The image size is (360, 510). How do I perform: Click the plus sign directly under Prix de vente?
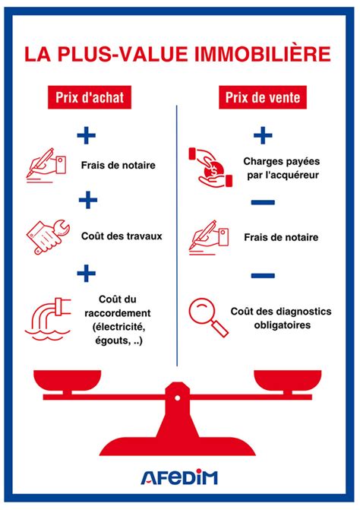(x=262, y=136)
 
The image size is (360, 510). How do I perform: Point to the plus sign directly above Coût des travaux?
(x=88, y=201)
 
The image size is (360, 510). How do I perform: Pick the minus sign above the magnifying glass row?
(x=262, y=274)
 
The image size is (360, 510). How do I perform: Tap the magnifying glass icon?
(x=209, y=316)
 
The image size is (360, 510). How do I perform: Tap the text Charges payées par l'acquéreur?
(x=280, y=168)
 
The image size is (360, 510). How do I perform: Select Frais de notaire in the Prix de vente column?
(x=282, y=238)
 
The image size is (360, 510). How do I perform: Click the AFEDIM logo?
(x=179, y=477)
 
